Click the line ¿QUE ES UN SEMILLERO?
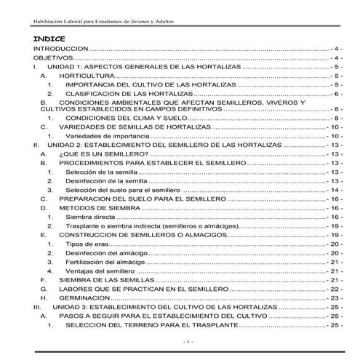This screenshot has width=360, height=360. point(103,155)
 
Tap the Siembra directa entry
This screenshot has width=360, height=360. point(92,217)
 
